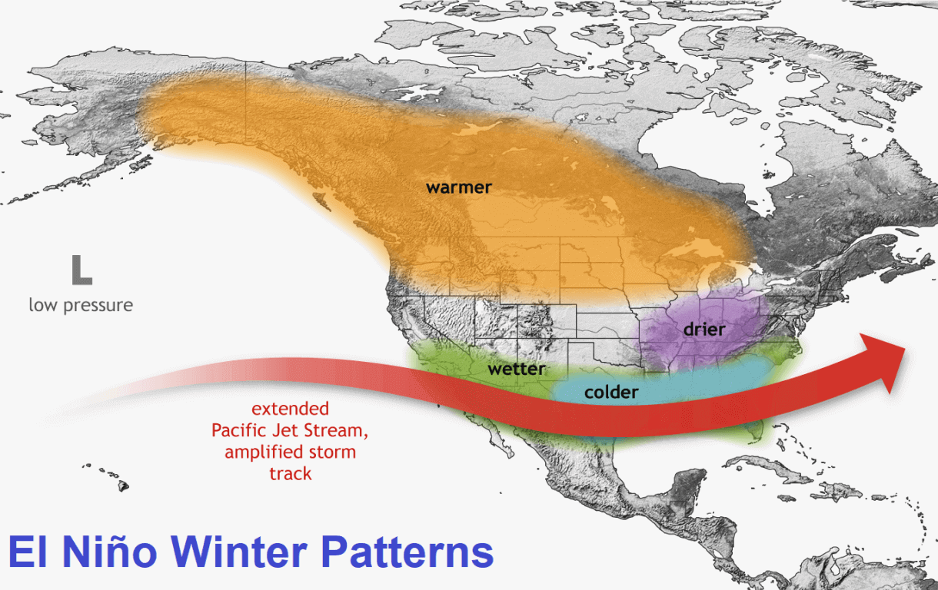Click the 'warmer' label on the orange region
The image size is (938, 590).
click(459, 187)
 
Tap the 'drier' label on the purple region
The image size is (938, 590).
click(703, 329)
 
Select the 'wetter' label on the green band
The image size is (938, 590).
click(517, 370)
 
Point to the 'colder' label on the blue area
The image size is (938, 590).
click(611, 393)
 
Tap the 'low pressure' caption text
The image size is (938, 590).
click(81, 305)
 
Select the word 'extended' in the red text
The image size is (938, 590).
click(290, 409)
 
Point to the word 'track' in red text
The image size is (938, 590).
click(290, 473)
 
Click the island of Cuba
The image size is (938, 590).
click(761, 466)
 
